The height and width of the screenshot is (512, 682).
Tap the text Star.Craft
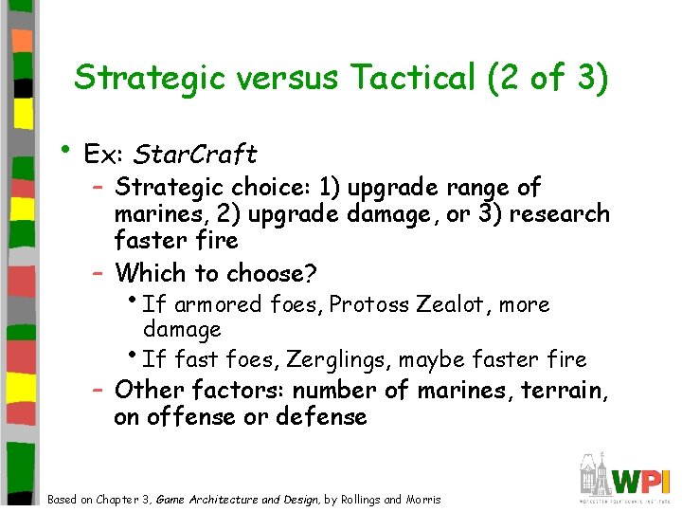point(196,154)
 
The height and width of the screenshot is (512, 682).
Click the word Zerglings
point(347,359)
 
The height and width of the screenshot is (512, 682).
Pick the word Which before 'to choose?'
point(152,274)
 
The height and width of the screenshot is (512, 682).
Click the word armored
point(218,304)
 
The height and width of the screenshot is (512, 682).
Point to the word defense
point(322,417)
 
